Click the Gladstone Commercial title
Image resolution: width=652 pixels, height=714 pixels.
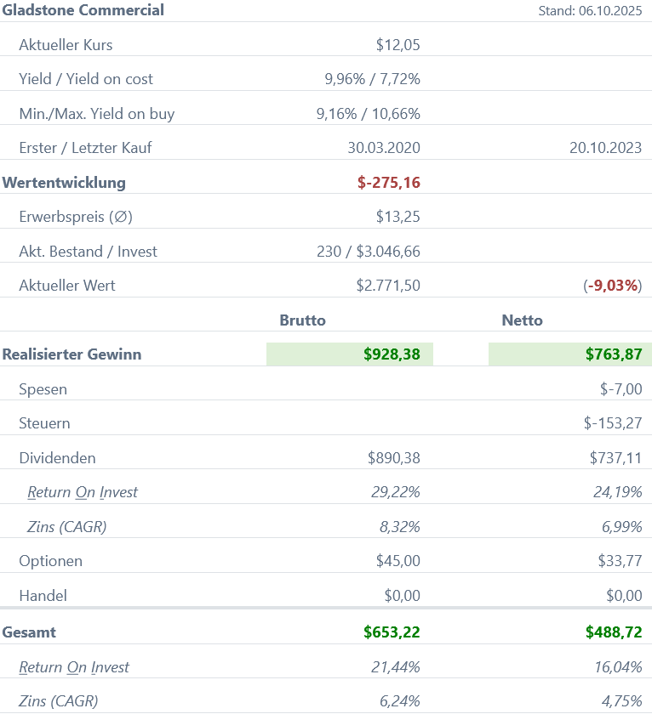[83, 10]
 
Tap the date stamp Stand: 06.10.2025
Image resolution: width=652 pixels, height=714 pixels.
[590, 11]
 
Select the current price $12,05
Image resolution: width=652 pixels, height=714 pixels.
[397, 45]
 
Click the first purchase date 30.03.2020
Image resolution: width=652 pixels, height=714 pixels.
[384, 148]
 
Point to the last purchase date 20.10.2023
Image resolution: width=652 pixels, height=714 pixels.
[605, 148]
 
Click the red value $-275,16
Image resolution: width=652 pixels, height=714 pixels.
[389, 183]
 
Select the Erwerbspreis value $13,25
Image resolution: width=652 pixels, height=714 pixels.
[397, 217]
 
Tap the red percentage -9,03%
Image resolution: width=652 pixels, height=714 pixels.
[613, 286]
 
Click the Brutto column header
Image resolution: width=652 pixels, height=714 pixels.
[302, 320]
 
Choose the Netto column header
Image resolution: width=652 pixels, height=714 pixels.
[522, 320]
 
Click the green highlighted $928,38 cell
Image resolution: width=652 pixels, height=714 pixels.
[350, 354]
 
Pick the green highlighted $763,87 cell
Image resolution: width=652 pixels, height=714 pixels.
[570, 354]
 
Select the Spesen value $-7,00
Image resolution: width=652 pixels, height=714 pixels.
[621, 389]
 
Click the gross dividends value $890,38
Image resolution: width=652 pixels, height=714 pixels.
[393, 458]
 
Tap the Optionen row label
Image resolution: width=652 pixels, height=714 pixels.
[51, 561]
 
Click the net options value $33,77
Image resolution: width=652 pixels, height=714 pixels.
[620, 561]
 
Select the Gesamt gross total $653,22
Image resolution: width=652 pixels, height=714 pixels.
[392, 632]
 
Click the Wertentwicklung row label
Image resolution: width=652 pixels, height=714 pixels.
[64, 183]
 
